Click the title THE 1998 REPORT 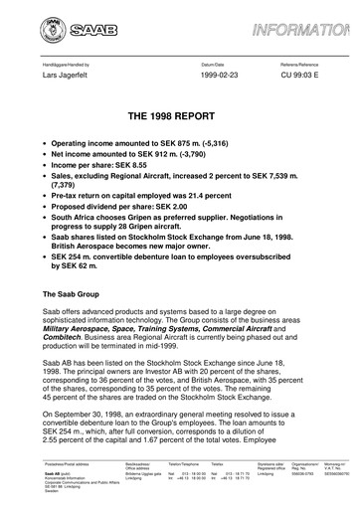point(180,116)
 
